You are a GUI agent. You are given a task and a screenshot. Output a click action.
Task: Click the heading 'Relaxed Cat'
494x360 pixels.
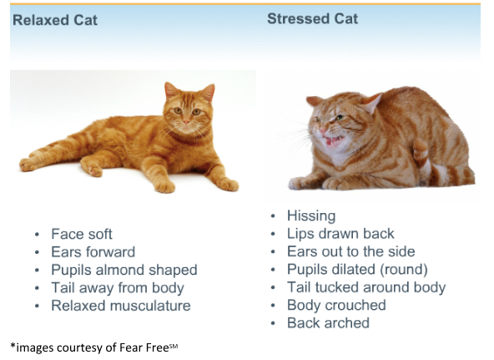pyautogui.click(x=55, y=20)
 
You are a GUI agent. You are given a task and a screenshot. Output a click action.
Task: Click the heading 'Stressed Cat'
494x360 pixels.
pyautogui.click(x=312, y=18)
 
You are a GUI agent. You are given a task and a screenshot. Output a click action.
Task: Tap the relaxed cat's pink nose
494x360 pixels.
pyautogui.click(x=187, y=122)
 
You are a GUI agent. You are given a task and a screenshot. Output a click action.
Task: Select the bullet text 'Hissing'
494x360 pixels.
pyautogui.click(x=311, y=216)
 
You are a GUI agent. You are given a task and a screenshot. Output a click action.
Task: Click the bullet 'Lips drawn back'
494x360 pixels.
pyautogui.click(x=340, y=234)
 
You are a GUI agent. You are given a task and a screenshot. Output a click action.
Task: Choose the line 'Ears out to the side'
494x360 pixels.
pyautogui.click(x=350, y=251)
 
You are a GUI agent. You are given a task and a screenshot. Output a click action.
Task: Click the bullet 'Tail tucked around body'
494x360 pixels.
pyautogui.click(x=366, y=287)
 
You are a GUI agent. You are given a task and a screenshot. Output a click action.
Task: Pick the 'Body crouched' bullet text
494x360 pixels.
pyautogui.click(x=336, y=305)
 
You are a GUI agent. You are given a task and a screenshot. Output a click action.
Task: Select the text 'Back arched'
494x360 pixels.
pyautogui.click(x=328, y=322)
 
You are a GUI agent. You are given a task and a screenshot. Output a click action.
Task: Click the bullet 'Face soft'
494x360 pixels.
pyautogui.click(x=82, y=234)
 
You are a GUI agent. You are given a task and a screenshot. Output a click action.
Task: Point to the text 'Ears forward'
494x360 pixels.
pyautogui.click(x=93, y=252)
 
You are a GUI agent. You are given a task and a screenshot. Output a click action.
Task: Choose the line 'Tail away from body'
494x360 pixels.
pyautogui.click(x=118, y=288)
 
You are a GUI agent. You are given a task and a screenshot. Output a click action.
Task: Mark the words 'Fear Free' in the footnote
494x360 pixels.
pyautogui.click(x=144, y=347)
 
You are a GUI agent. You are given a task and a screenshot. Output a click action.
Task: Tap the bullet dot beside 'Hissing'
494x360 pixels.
pyautogui.click(x=273, y=216)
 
